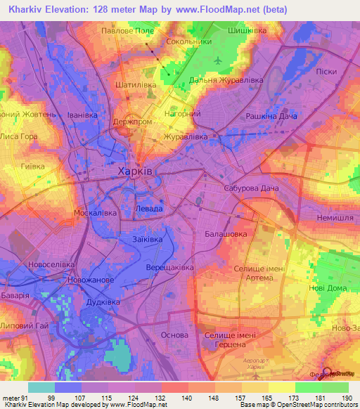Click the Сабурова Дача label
tap(251, 188)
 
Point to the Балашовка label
tap(225, 232)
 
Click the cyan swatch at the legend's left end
tap(41, 387)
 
